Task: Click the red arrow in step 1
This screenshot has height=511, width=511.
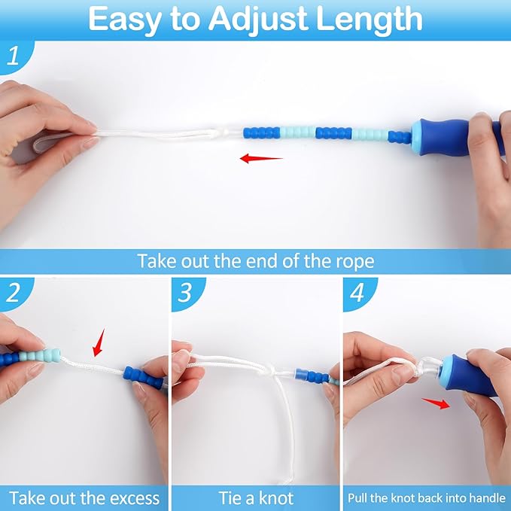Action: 260,158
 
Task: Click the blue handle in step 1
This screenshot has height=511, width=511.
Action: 444,135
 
